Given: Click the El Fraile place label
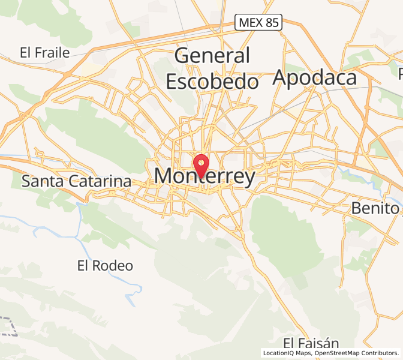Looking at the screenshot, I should coord(44,52).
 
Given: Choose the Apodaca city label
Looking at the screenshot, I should coord(315,77).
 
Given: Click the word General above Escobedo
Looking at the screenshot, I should coord(212,56).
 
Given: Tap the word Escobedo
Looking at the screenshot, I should coord(212,81).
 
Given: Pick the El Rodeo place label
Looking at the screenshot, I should coord(106,265).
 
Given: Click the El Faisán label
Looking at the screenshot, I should coord(311,343).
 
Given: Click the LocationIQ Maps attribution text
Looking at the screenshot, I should coord(287,353).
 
